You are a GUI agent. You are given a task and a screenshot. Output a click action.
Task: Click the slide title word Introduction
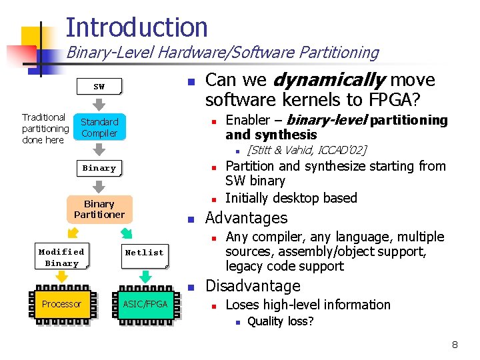[x=137, y=27]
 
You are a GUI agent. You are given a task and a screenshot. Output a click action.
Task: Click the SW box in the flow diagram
[x=99, y=87]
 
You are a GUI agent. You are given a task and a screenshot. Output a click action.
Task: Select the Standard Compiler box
[x=99, y=127]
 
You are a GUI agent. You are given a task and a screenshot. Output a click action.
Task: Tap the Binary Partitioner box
[x=99, y=209]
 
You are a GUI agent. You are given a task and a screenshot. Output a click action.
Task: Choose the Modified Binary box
[x=61, y=257]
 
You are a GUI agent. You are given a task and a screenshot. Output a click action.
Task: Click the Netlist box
[x=144, y=253]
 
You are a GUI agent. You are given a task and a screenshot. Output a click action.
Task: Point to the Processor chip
[x=61, y=304]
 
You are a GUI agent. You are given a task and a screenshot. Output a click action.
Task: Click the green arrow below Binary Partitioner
[x=125, y=233]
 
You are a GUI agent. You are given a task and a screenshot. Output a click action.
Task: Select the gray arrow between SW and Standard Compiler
[x=99, y=105]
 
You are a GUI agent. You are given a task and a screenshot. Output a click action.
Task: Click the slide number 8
[x=455, y=345]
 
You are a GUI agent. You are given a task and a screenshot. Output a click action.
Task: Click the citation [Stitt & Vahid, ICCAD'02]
[x=307, y=150]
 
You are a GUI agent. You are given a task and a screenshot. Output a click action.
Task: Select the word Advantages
[x=246, y=218]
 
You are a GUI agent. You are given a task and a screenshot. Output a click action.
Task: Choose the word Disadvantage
[x=253, y=286]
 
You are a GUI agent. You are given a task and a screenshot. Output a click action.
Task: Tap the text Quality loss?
[x=280, y=321]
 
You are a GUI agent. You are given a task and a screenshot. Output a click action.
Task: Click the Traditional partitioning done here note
[x=45, y=128]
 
